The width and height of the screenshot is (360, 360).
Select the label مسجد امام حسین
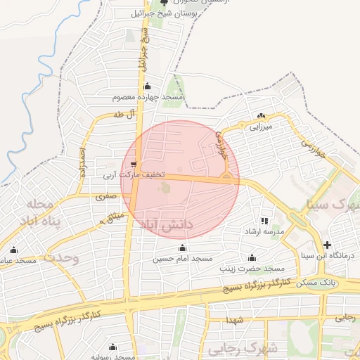click(184, 259)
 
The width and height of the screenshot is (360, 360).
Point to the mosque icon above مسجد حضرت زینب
click(252, 257)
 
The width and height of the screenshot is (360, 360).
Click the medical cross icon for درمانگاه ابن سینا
click(327, 245)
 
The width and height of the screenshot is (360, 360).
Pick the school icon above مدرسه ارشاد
click(264, 221)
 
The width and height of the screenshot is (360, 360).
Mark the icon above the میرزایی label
click(262, 116)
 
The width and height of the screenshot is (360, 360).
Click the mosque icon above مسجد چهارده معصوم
click(147, 86)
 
